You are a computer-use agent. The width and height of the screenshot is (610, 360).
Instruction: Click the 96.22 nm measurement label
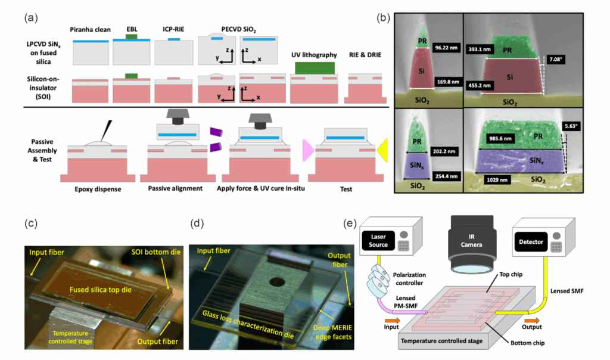446,48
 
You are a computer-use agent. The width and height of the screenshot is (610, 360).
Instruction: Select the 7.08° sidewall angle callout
555,60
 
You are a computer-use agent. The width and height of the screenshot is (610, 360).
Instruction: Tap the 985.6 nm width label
500,138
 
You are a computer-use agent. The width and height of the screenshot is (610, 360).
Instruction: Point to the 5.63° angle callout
571,126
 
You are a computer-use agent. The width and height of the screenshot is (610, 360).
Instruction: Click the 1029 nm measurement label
497,180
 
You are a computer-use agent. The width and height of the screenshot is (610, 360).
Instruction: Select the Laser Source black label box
378,241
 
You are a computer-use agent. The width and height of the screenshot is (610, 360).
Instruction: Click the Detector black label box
531,241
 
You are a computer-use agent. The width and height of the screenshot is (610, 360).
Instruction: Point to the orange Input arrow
392,320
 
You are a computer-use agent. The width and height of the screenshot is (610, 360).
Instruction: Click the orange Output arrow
532,320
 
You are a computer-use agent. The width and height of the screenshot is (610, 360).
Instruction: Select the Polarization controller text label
409,279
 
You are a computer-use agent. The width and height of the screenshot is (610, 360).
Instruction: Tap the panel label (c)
31,224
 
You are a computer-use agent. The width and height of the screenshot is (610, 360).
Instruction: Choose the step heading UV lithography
314,55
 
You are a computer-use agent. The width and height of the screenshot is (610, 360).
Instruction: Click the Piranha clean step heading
91,30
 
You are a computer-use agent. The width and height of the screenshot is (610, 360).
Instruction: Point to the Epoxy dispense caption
98,189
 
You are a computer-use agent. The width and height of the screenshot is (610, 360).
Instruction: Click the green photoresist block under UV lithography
315,68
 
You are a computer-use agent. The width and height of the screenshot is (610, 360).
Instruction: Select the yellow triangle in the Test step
382,150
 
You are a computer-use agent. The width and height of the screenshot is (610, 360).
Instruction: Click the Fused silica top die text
100,290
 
